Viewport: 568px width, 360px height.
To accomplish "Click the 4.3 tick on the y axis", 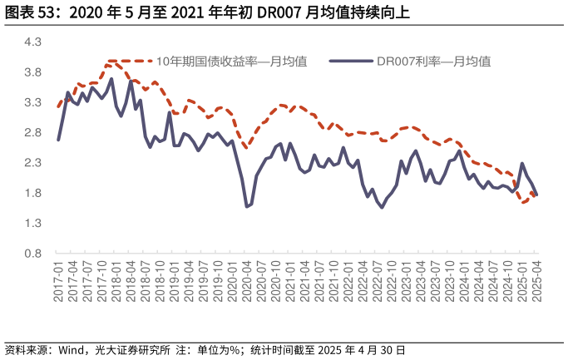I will [x=33, y=42].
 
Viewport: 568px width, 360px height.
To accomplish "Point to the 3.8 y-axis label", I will [x=33, y=72].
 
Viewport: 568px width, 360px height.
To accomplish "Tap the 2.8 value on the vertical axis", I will [x=33, y=132].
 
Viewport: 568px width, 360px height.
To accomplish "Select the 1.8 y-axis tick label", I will [x=33, y=193].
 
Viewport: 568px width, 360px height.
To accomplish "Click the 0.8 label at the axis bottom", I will [x=33, y=254].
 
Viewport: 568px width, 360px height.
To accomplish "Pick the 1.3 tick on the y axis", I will [x=33, y=223].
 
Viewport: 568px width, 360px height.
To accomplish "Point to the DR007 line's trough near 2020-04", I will [x=247, y=206].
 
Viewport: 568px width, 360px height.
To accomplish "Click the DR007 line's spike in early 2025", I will [x=522, y=164].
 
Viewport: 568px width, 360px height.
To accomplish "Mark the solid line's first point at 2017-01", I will [x=58, y=140].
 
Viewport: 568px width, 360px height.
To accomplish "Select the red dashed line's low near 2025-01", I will [x=524, y=202].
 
